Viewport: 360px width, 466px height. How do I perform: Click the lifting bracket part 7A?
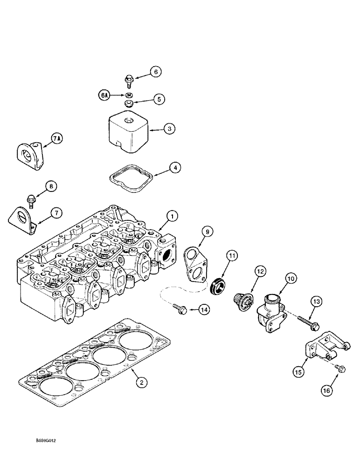click(28, 153)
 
